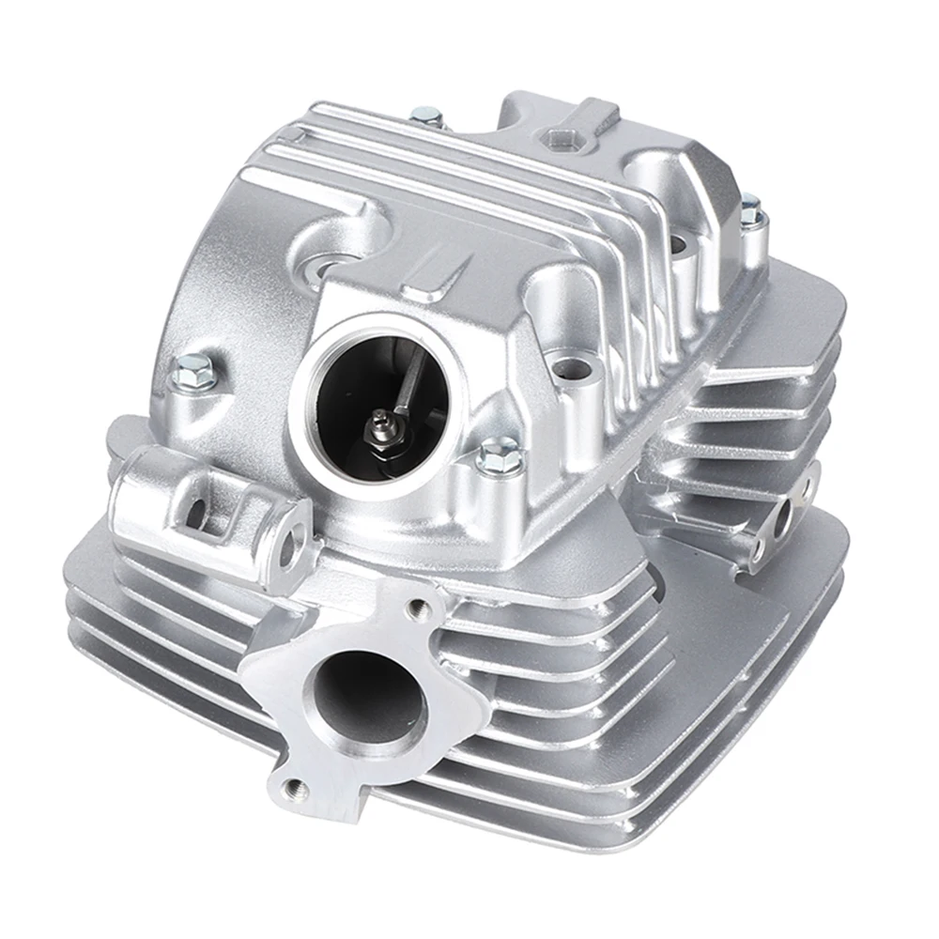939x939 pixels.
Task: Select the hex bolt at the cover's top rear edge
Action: pos(425,116)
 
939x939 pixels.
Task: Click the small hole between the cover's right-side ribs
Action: pos(678,245)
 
